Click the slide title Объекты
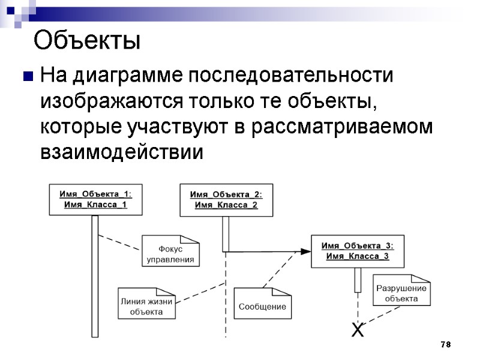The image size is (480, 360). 87,41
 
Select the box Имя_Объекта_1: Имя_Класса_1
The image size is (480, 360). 95,199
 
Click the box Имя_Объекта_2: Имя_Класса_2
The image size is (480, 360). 226,199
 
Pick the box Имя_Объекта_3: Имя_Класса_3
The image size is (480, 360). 358,251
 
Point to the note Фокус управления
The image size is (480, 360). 171,254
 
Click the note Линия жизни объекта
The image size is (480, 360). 146,307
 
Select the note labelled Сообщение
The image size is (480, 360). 262,307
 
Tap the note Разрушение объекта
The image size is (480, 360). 401,293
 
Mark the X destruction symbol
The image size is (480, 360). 358,330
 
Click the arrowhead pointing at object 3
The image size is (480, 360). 306,251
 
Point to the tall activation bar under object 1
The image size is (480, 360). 95,276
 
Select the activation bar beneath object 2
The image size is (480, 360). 226,233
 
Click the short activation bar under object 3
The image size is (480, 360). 358,280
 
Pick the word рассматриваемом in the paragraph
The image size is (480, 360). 342,127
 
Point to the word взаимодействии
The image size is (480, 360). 122,152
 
